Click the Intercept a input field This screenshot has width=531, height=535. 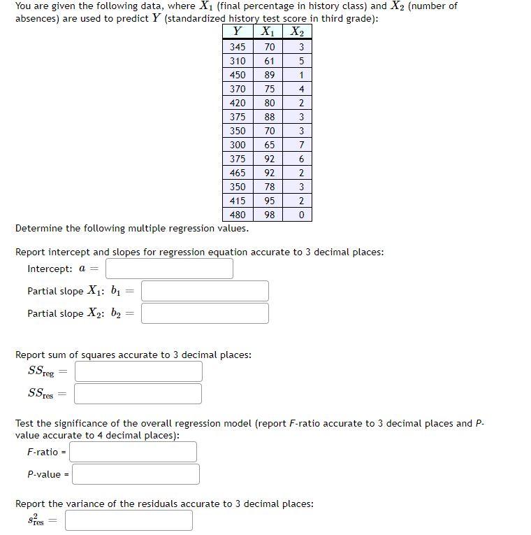(x=169, y=269)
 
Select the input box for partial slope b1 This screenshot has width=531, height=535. (x=205, y=291)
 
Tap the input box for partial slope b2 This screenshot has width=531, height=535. (x=205, y=313)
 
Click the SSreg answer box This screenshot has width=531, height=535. (x=138, y=371)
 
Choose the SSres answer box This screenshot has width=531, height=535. (x=138, y=394)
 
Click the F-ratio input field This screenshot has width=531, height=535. (x=133, y=452)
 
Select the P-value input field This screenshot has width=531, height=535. (x=136, y=474)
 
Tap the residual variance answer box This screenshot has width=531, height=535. (x=129, y=520)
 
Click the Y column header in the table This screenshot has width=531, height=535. (x=238, y=31)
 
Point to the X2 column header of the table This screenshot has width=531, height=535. (x=298, y=31)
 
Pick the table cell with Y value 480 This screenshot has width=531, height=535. (x=238, y=215)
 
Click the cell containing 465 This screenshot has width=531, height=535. (x=238, y=173)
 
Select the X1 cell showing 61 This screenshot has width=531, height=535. (x=269, y=61)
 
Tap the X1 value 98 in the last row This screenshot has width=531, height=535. (x=269, y=215)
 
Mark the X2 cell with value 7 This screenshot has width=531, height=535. (x=300, y=145)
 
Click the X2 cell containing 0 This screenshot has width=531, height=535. (x=300, y=215)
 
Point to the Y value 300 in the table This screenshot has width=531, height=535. (x=238, y=145)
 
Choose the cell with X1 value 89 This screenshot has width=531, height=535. (x=269, y=75)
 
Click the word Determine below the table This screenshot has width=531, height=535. (x=38, y=229)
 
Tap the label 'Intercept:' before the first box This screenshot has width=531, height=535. (x=50, y=269)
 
